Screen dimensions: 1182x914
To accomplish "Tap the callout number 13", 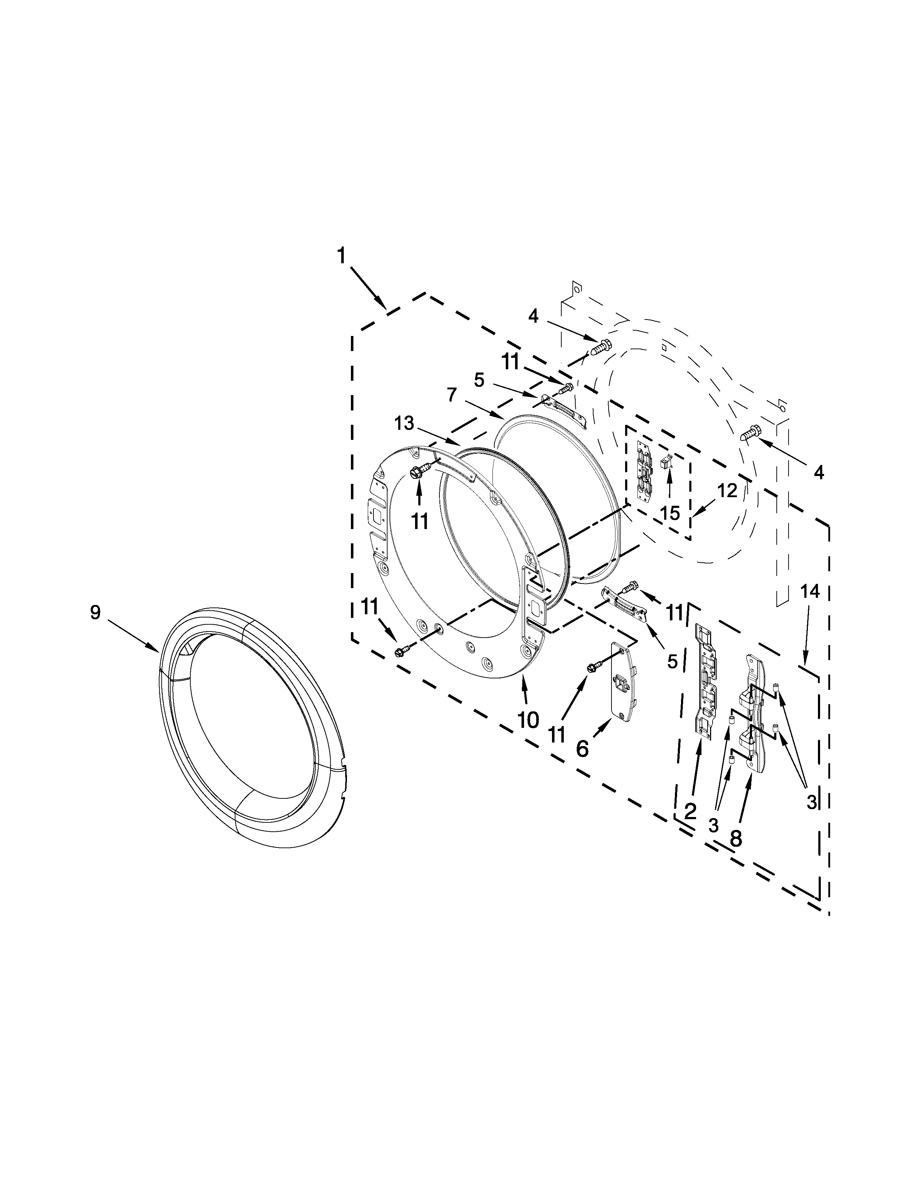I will [x=404, y=424].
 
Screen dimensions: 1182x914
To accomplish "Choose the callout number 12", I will [x=727, y=491].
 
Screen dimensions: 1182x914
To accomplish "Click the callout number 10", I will [x=528, y=720].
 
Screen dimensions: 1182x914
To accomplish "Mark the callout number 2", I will [x=690, y=811].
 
